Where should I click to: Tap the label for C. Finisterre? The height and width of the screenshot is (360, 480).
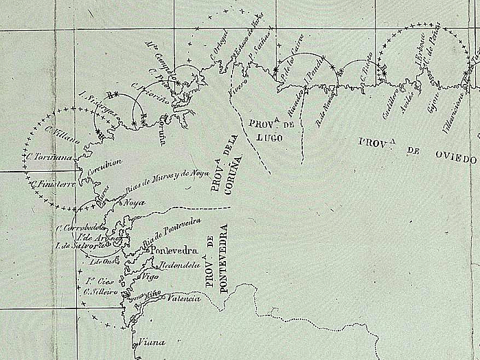point(53,184)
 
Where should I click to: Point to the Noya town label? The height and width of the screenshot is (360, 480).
point(133,203)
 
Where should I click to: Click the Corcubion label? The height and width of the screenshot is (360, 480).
point(104,166)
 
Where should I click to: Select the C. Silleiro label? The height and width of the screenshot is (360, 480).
point(98,291)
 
